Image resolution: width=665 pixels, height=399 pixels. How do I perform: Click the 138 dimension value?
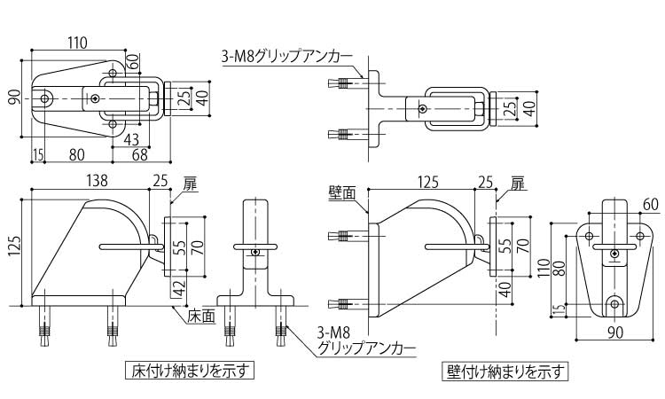[98, 181]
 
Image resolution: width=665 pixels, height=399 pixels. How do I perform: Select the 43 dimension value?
[130, 139]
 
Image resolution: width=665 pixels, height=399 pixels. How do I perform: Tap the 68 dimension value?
[139, 155]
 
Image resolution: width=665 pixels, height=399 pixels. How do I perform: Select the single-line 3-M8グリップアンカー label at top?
[286, 59]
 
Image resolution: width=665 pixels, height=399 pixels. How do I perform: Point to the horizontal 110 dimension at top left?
[80, 42]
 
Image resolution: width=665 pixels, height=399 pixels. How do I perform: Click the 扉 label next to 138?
[190, 184]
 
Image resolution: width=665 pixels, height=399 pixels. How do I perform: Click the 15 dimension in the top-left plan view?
[37, 155]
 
